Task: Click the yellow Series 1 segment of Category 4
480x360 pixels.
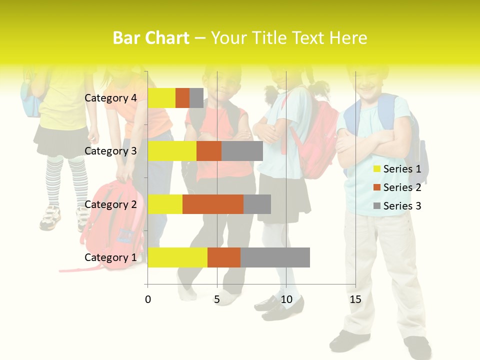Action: (161, 98)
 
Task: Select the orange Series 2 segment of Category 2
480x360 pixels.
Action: (213, 204)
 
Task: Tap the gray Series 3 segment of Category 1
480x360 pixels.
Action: (275, 257)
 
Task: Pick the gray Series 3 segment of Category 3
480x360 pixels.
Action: (242, 151)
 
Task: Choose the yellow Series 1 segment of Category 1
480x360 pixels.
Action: (177, 257)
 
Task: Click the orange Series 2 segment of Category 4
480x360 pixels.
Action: (182, 98)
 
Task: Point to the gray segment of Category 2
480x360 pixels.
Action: (257, 204)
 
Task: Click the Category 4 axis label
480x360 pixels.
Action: (110, 98)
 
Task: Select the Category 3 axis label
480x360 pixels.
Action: (110, 151)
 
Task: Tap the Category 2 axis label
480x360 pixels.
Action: (110, 204)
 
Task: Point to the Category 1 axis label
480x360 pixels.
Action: (110, 257)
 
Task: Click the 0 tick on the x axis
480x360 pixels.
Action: (148, 299)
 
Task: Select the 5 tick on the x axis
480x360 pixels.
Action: (217, 299)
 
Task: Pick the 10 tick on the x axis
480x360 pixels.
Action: (286, 299)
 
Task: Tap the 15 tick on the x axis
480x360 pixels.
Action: (355, 299)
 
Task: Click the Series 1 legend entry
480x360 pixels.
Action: (397, 169)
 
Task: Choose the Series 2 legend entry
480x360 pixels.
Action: (397, 187)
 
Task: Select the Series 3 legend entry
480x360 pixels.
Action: (397, 206)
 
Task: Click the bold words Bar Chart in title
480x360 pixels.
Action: (151, 37)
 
